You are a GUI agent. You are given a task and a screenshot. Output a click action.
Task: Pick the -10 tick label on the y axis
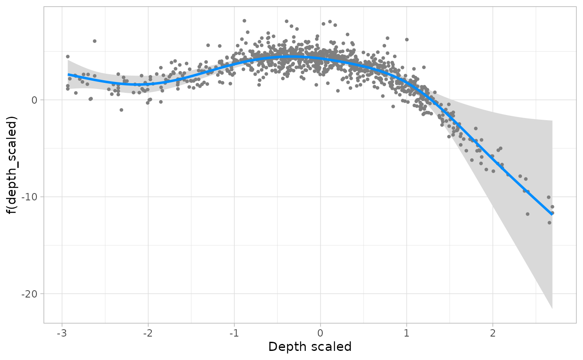coord(31,197)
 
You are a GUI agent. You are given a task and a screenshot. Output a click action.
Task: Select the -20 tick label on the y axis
coord(31,294)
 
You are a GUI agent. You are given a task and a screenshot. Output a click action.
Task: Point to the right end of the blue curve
coord(552,214)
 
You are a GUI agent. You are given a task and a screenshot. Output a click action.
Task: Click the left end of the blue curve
coord(68,75)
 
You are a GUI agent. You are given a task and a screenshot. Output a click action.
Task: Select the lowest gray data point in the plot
coord(549,223)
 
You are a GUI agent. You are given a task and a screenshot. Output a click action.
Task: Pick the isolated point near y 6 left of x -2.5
coord(95,41)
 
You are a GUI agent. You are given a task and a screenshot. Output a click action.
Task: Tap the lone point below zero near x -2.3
coord(121,110)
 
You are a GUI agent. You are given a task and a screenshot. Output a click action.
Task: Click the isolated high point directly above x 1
coord(407,39)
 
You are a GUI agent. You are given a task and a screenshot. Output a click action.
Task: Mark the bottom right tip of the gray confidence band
coord(552,308)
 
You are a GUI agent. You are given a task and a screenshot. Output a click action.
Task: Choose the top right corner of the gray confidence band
coord(552,121)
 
